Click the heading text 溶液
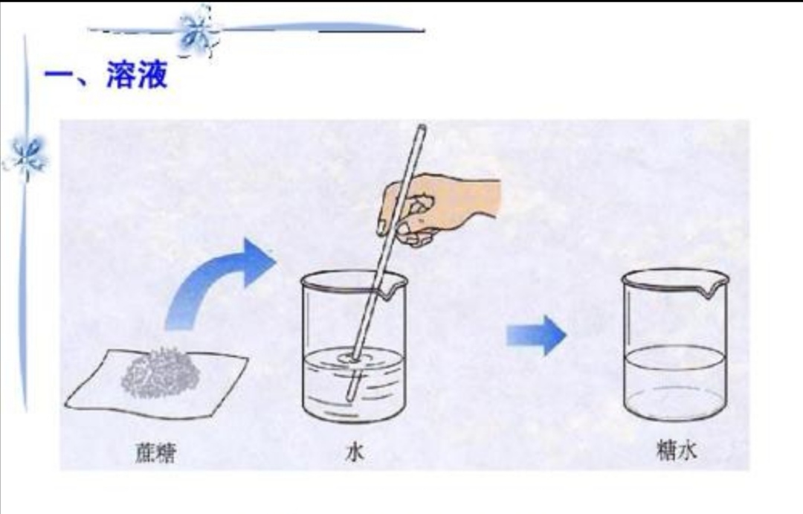tap(137, 75)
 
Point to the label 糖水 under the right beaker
tap(676, 451)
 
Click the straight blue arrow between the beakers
tap(535, 335)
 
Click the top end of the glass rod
tap(422, 129)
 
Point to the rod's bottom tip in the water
tap(350, 396)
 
